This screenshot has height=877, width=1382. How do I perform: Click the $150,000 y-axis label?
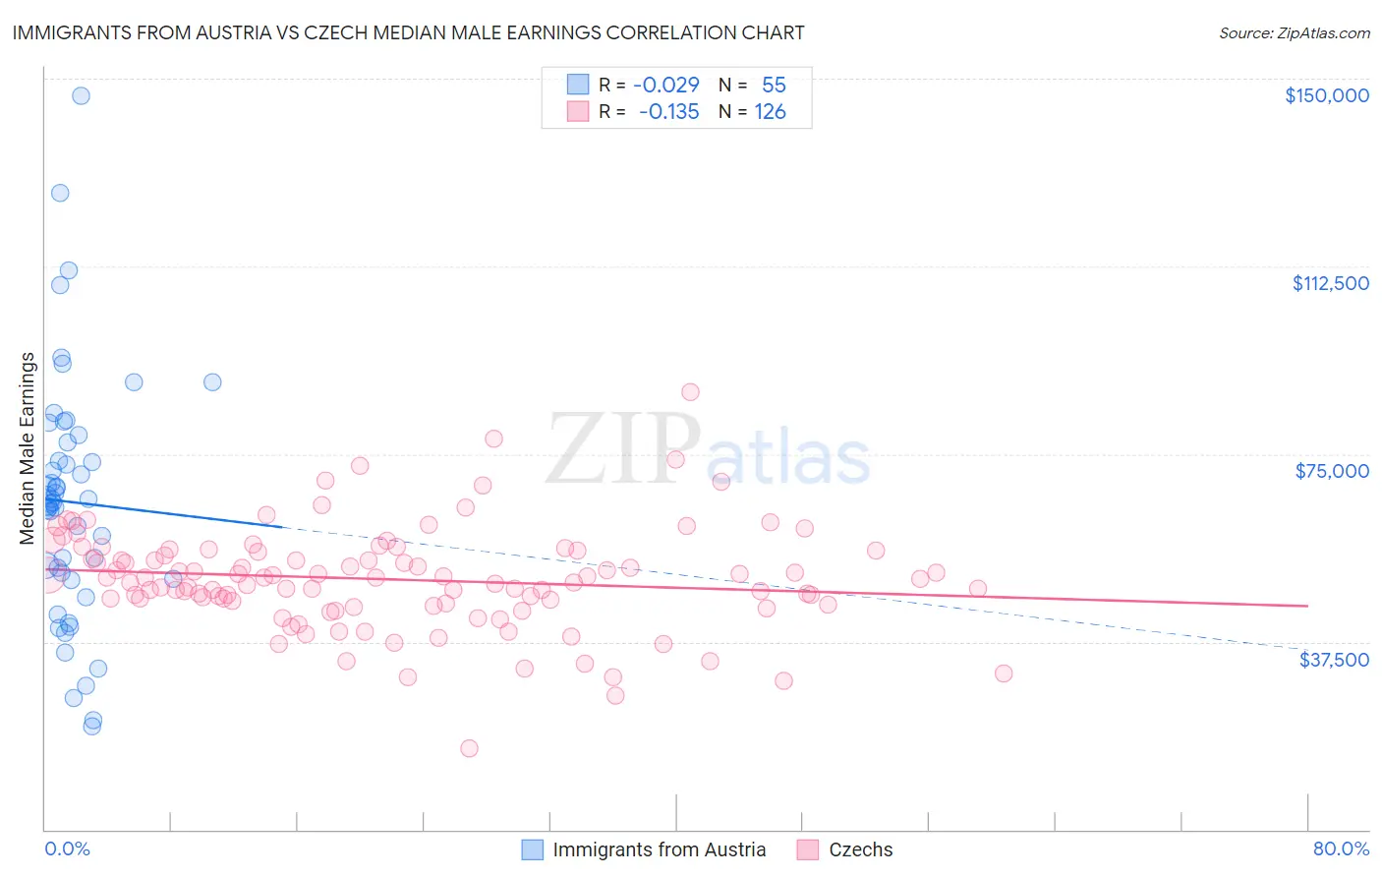click(1326, 95)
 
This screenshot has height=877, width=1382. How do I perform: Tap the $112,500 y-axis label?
click(1330, 283)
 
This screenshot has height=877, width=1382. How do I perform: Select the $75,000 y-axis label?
click(1332, 471)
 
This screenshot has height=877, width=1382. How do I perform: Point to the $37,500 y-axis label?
click(1334, 660)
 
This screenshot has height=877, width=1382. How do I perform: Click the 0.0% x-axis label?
click(67, 848)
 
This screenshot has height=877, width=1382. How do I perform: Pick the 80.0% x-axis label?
click(1341, 848)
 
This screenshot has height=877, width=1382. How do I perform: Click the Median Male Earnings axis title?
click(28, 448)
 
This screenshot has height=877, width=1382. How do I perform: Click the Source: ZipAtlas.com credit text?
click(1294, 33)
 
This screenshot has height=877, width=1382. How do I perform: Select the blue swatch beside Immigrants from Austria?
click(532, 849)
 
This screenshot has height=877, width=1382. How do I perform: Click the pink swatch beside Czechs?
click(808, 849)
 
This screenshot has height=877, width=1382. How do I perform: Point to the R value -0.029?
click(665, 85)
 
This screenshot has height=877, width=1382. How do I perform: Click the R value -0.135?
click(668, 112)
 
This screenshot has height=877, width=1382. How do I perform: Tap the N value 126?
click(770, 112)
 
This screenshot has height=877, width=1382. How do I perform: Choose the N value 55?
click(774, 85)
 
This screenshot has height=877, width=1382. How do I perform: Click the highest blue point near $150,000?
click(81, 95)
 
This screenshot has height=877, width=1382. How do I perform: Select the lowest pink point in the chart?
click(469, 748)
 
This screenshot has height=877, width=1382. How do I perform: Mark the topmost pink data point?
click(690, 391)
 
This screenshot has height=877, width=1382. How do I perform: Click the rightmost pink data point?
click(1004, 673)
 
